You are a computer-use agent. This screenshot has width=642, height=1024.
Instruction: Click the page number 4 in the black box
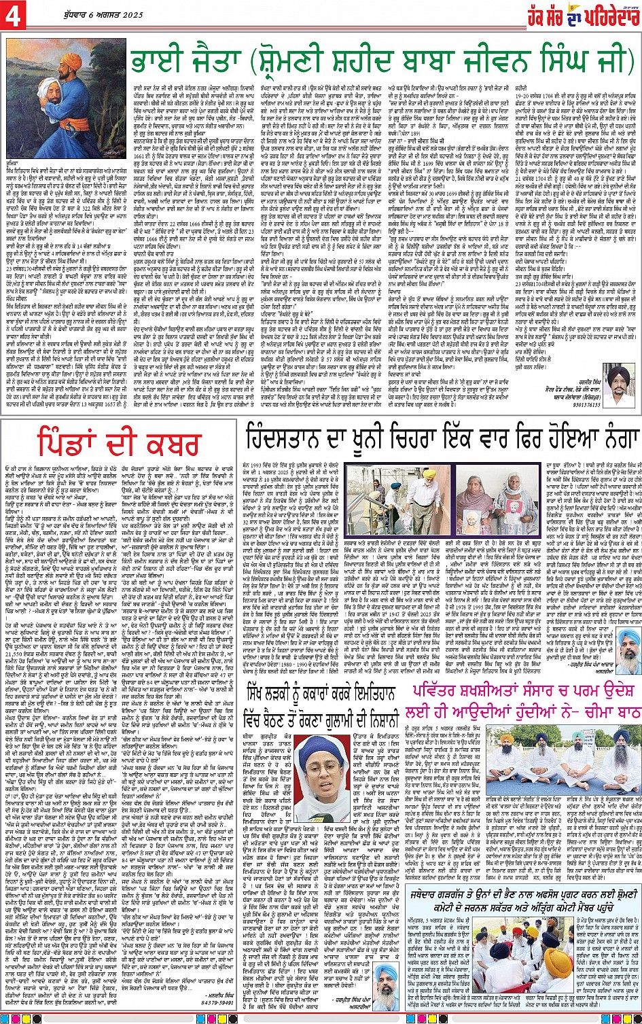[14, 17]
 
